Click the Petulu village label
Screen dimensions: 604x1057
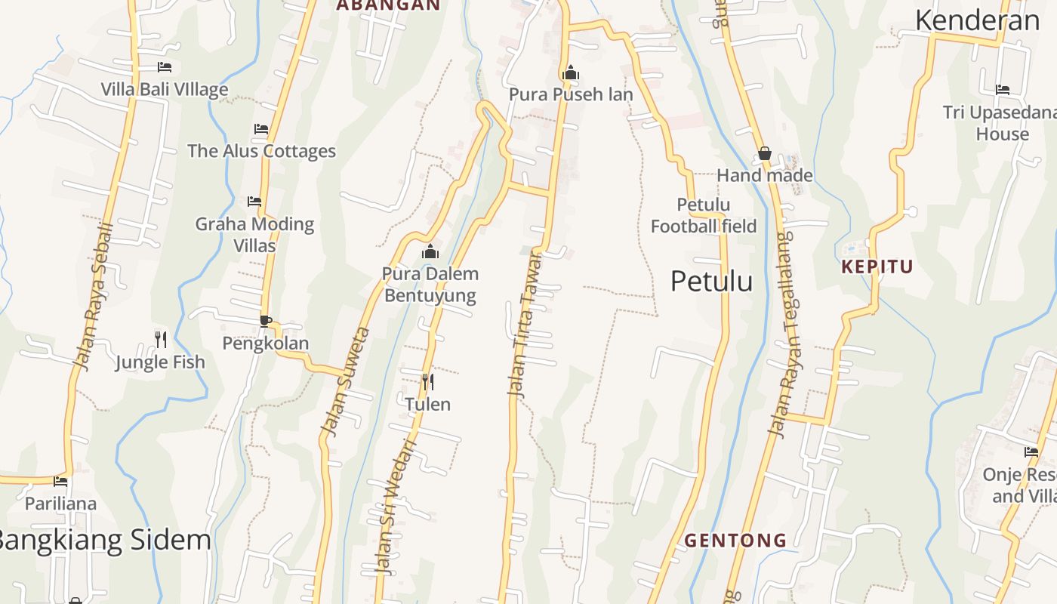coord(711,281)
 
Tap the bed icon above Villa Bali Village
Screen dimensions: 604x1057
coord(165,67)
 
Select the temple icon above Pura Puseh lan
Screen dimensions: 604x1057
coord(571,72)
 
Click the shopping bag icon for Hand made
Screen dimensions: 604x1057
coord(764,154)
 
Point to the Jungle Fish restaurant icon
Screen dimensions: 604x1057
coord(160,339)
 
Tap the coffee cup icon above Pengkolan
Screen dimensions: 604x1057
coord(266,321)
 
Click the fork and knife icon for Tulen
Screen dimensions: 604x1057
coord(427,382)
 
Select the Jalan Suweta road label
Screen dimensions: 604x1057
coord(345,381)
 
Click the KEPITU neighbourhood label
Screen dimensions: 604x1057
coord(877,267)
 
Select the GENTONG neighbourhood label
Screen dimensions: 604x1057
coord(735,541)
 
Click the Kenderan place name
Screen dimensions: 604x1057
coord(977,20)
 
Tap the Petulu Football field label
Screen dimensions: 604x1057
coord(704,215)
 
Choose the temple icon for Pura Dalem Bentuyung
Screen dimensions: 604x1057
coord(430,251)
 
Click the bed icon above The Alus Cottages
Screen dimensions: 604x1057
coord(261,129)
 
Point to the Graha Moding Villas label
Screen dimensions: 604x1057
coord(254,234)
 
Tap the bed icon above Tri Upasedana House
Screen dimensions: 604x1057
coord(1003,90)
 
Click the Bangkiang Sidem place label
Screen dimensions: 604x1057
coord(104,540)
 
